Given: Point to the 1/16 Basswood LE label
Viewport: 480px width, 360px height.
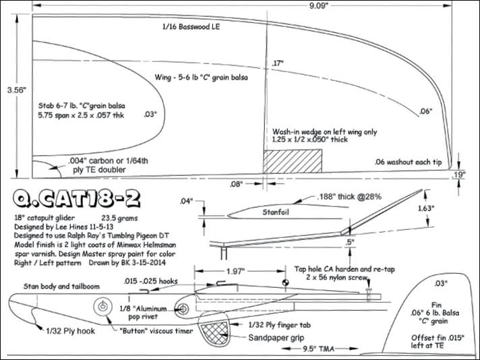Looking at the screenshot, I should [191, 28].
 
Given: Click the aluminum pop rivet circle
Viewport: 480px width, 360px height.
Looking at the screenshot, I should [183, 309].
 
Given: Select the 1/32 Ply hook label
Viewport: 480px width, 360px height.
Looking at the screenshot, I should [70, 331].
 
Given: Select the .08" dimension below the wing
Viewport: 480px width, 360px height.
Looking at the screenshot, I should [235, 183].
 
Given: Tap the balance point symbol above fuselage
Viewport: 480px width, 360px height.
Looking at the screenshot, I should [285, 283].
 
